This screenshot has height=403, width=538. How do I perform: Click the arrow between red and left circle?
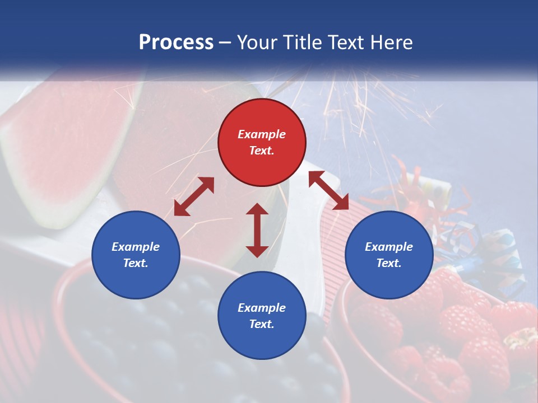click(x=194, y=196)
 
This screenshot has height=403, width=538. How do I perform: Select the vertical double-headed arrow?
click(x=257, y=230)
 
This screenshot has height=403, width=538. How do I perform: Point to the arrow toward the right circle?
click(x=328, y=190)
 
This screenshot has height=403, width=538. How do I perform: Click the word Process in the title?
click(x=176, y=42)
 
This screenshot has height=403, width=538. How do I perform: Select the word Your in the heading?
click(x=258, y=42)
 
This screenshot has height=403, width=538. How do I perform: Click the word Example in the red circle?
click(x=262, y=134)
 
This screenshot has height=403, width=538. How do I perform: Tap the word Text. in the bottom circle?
click(x=262, y=324)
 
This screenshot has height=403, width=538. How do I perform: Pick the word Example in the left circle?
click(x=136, y=247)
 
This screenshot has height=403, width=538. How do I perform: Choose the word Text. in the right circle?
click(x=389, y=263)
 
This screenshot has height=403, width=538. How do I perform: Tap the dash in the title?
click(x=225, y=42)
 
